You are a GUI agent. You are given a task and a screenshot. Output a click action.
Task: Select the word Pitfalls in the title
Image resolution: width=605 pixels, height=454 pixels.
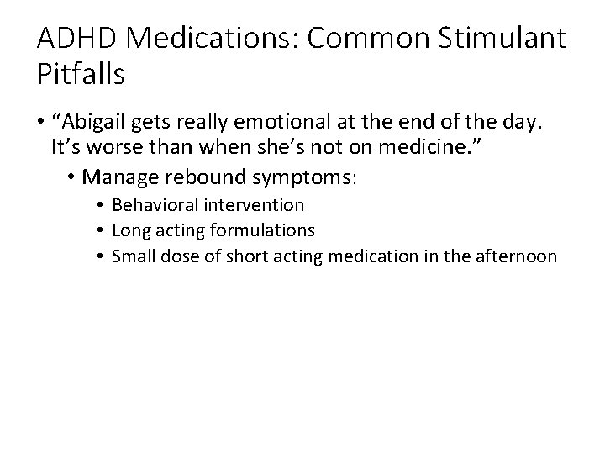click(x=82, y=75)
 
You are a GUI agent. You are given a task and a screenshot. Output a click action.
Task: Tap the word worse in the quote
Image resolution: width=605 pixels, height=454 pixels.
click(x=107, y=150)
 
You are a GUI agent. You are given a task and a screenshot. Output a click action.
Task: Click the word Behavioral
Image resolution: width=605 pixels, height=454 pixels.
click(x=155, y=204)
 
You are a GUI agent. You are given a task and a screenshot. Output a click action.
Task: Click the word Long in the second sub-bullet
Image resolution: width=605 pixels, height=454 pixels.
click(x=128, y=230)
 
